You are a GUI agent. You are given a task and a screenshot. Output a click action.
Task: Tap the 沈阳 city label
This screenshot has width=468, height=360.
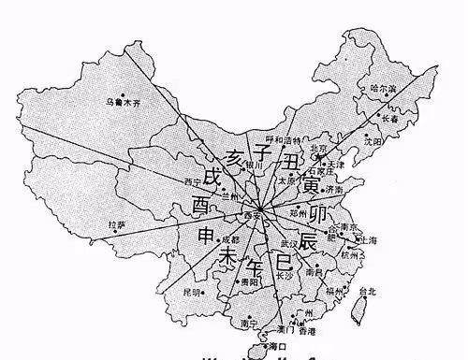[374, 141]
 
